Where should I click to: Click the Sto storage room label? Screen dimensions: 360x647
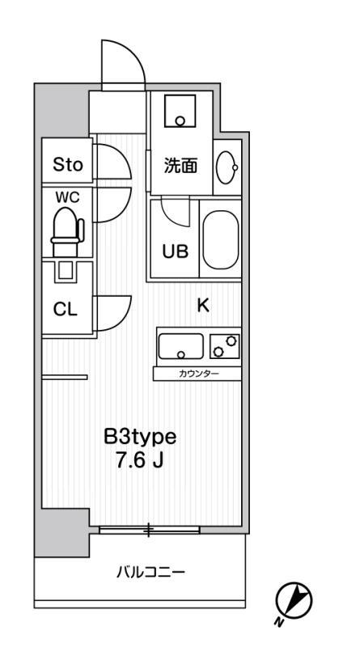[x=68, y=165]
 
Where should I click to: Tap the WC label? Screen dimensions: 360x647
[x=68, y=197]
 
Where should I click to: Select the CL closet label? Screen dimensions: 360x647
[x=66, y=310]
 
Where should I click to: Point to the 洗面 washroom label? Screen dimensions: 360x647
[x=180, y=166]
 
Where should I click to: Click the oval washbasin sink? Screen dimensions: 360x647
[x=227, y=167]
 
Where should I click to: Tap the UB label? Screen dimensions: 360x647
[x=175, y=252]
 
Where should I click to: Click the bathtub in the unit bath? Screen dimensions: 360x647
[x=221, y=239]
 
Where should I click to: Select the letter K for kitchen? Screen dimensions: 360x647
[x=203, y=306]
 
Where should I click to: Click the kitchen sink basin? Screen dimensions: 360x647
[x=181, y=347]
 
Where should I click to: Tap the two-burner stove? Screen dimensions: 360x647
[x=225, y=347]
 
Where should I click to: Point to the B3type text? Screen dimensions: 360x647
[x=140, y=438]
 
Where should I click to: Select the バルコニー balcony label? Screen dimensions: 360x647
[x=150, y=573]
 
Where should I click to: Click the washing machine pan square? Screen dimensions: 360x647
[x=180, y=111]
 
